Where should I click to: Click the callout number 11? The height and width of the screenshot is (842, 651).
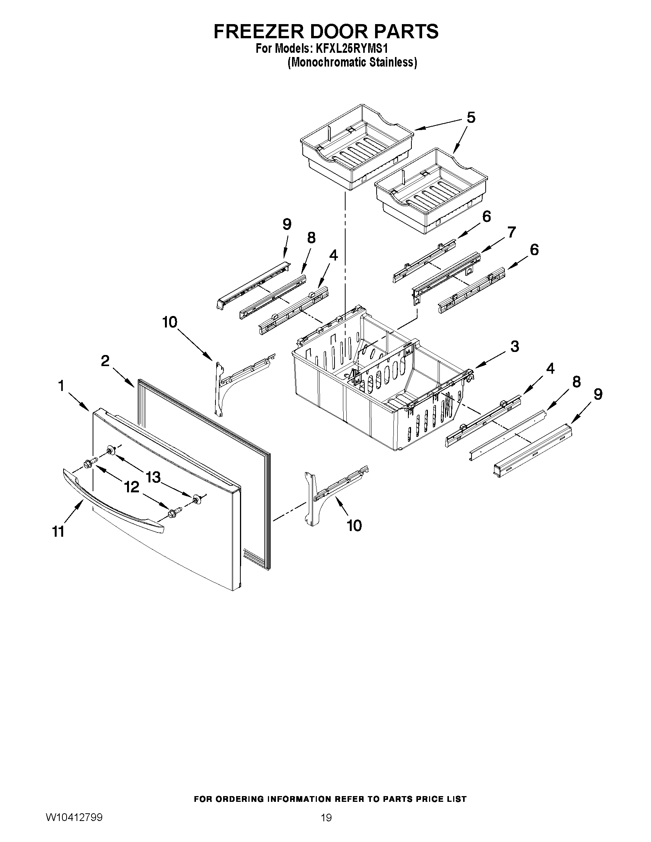point(58,532)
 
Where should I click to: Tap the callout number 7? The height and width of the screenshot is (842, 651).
point(511,233)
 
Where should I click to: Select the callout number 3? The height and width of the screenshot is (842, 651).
point(515,346)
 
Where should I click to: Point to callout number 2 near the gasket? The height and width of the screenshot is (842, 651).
point(105,361)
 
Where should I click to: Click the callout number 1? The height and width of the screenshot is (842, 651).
point(61,386)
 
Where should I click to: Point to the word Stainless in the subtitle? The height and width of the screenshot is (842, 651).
point(393,62)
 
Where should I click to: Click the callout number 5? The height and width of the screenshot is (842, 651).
point(471,117)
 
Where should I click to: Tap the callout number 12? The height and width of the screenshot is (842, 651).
point(132,487)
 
